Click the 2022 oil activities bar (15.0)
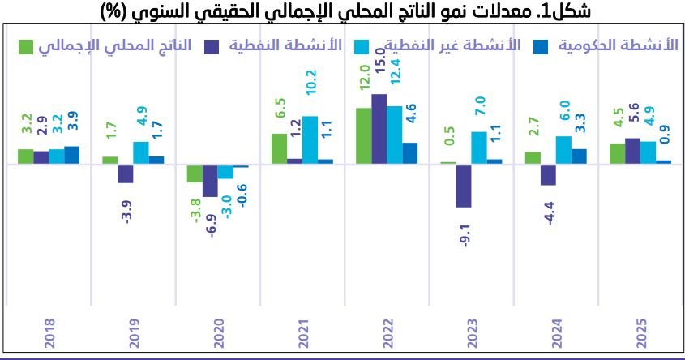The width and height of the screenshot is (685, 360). coord(379,129)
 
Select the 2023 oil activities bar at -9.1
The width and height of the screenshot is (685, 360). coord(464,186)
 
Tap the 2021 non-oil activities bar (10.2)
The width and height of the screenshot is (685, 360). coord(310,140)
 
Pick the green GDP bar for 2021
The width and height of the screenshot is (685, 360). coord(279,148)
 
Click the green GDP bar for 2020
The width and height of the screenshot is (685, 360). coord(195,173)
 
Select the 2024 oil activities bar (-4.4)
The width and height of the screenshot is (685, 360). coord(548,174)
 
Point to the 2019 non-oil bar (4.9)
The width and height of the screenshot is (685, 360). coord(141,152)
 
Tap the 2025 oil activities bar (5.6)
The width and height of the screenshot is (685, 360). coord(633,151)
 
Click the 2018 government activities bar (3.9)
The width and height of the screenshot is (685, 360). coord(72,155)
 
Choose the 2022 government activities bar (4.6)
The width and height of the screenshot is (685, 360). coord(410,153)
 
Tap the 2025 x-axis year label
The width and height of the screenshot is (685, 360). coord(640,332)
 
